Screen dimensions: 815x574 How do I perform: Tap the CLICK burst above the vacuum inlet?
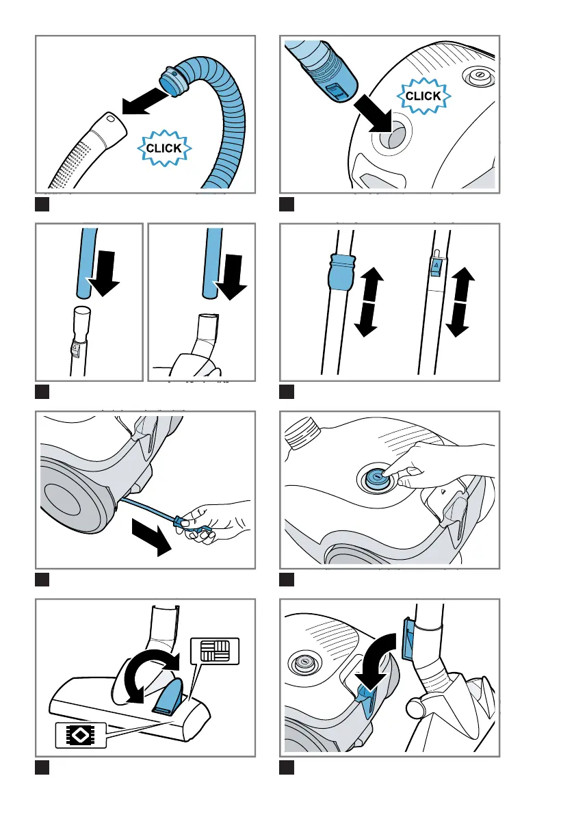[x=423, y=96]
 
